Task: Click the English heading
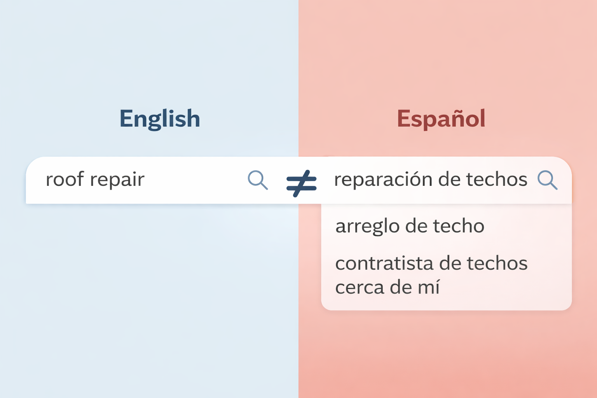159,119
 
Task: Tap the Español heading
441,119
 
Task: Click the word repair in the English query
117,180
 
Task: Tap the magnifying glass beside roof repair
258,180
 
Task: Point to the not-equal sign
301,183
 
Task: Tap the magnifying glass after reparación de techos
547,180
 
